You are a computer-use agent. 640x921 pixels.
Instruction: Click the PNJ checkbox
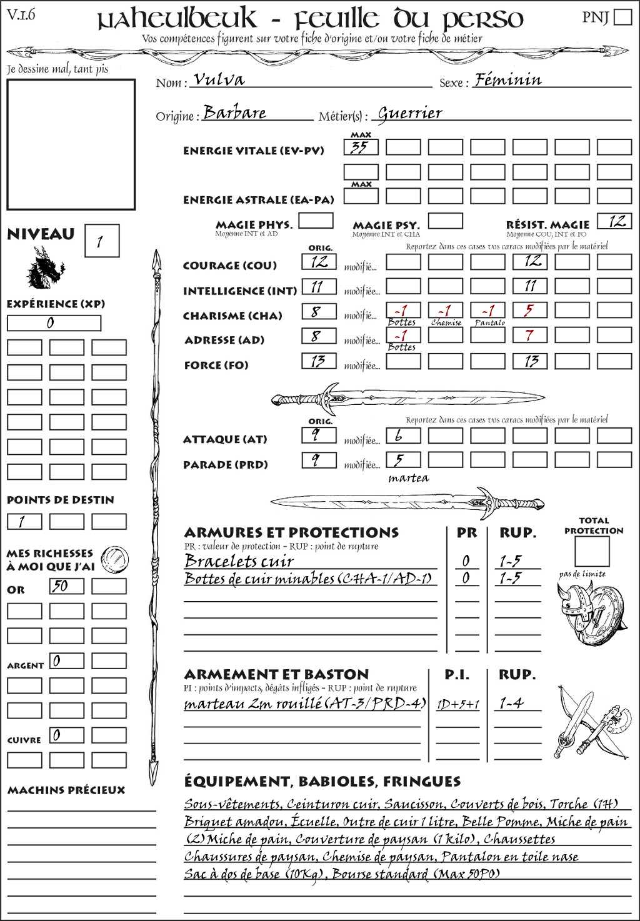tap(623, 17)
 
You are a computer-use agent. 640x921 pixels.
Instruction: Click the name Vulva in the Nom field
tap(219, 79)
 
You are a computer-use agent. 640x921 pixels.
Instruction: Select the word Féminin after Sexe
tap(507, 79)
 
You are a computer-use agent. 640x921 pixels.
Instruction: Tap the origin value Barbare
tap(235, 112)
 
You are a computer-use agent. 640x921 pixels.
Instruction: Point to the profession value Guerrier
tap(410, 113)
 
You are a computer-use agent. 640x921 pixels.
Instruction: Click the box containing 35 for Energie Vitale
tap(361, 147)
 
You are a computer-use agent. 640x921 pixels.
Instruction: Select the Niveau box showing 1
tap(101, 241)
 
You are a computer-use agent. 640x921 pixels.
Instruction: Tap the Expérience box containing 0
tap(54, 323)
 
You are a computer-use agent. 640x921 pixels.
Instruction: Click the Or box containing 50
tap(67, 586)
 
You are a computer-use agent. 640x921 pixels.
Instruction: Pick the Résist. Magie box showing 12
tap(614, 221)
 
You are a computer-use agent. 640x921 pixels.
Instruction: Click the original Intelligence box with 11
tap(319, 287)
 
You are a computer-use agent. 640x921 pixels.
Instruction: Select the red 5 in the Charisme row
tap(530, 311)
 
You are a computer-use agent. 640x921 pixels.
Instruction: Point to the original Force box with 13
tap(319, 361)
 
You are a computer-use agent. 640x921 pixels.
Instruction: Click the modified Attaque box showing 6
tap(403, 436)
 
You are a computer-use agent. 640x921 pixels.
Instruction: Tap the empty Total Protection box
tap(592, 551)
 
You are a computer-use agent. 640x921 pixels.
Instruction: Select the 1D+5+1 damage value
tap(458, 704)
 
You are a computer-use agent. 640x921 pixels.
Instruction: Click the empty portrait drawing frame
tap(71, 144)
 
